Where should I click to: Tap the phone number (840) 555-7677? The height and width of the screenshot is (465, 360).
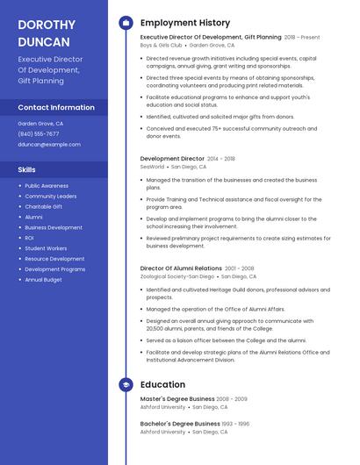39,133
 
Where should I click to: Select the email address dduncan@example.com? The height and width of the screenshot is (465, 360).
49,145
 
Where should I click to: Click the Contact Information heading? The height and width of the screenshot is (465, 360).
56,107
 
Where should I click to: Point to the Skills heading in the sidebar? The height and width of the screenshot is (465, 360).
27,169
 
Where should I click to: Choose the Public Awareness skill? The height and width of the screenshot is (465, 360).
47,186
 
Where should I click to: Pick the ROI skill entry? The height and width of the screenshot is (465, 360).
30,238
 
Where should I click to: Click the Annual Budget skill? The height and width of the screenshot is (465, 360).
43,280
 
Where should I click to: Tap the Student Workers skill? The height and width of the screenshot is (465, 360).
47,248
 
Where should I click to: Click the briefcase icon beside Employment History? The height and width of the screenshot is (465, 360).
126,23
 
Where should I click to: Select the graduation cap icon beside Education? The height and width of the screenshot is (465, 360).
126,384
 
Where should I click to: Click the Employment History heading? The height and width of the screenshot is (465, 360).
185,23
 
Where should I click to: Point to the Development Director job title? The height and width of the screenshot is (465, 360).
173,159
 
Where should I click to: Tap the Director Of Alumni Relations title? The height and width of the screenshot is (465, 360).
181,268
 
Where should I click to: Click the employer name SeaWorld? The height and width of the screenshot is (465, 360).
152,167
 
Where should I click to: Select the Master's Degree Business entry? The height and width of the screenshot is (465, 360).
176,399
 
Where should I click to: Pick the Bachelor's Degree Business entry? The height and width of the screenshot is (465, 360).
179,423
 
